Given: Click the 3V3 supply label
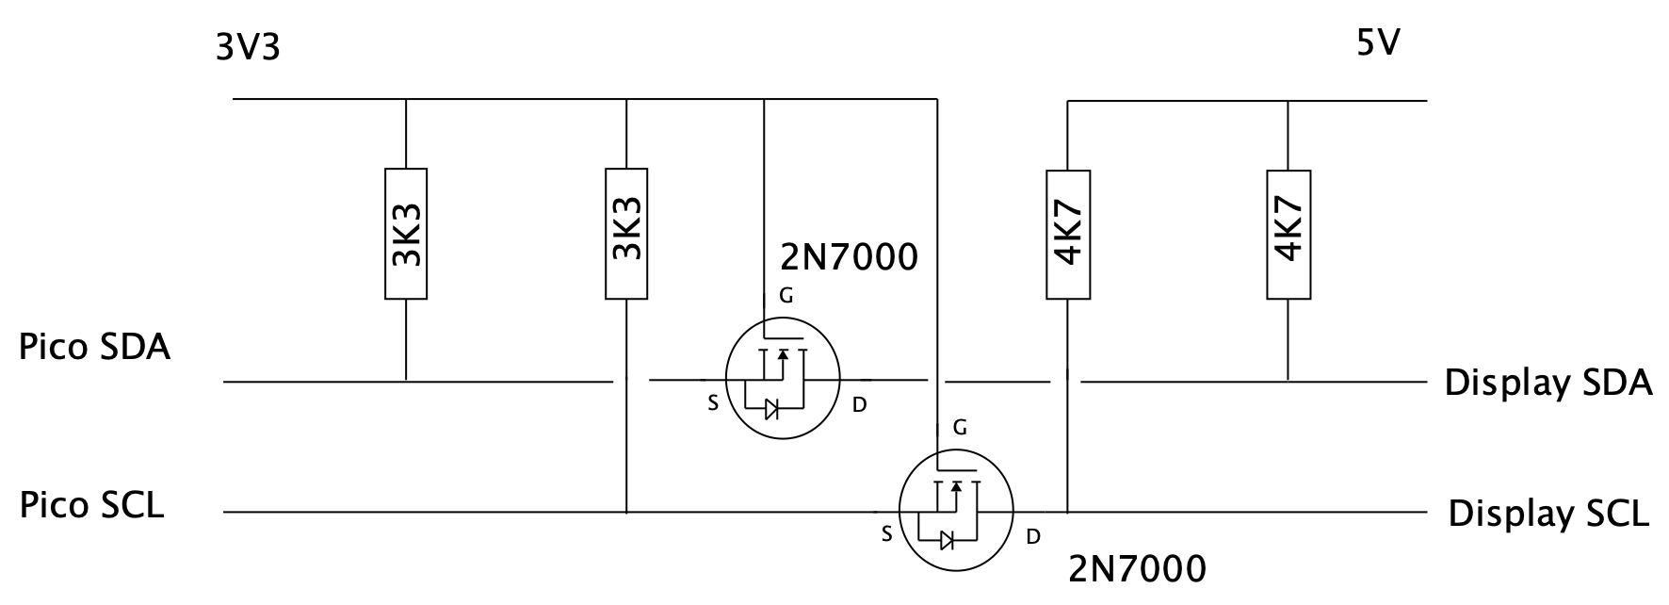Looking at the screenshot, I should tap(248, 47).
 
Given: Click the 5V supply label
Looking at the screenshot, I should tap(1378, 43).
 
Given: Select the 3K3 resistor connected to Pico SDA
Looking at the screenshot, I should tap(406, 234).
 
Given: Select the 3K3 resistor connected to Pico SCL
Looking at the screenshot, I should tap(626, 234).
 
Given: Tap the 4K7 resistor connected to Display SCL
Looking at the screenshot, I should tap(1068, 234).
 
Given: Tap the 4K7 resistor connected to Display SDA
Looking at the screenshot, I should tap(1288, 234).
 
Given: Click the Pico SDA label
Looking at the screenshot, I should tap(94, 348).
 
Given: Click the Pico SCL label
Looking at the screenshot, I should tap(91, 506).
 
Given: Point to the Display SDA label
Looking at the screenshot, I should tap(1548, 384).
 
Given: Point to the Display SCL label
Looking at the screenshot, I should tap(1548, 515).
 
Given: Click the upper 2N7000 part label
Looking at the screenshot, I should tap(849, 256).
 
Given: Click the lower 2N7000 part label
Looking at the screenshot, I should tap(1137, 569).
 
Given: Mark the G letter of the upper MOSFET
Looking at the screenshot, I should tap(786, 297).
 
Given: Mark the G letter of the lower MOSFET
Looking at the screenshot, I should tap(960, 428).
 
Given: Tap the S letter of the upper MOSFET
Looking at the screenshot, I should tap(713, 404).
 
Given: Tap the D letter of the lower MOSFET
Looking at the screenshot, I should tap(1033, 537).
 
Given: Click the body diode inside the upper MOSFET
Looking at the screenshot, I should tap(771, 408).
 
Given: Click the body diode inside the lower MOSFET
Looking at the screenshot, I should tap(947, 540).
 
